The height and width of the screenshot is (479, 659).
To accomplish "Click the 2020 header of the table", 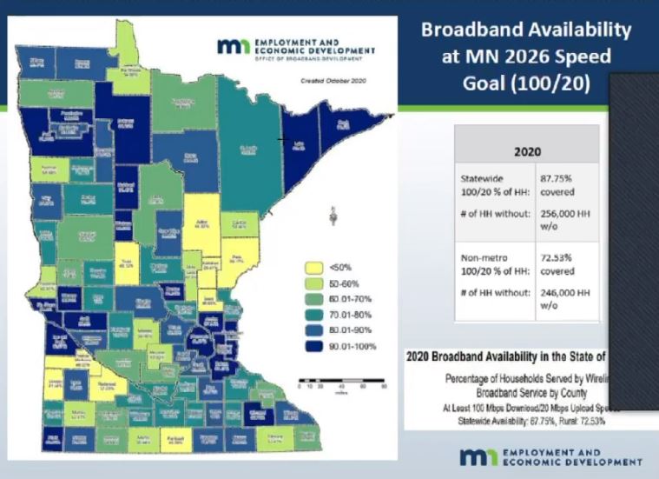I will pos(527,150).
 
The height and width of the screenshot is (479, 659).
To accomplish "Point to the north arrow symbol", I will pos(333,214).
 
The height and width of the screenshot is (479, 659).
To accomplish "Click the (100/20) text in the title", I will pos(556,83).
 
